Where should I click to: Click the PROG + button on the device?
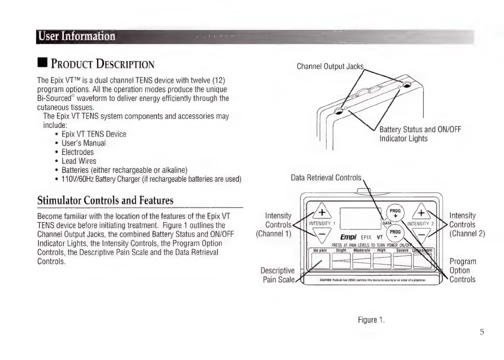tap(395, 213)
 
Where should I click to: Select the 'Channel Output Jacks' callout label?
tap(330, 66)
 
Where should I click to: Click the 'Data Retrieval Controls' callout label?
tap(326, 177)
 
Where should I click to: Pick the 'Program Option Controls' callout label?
tap(462, 270)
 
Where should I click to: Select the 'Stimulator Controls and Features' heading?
tap(105, 200)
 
